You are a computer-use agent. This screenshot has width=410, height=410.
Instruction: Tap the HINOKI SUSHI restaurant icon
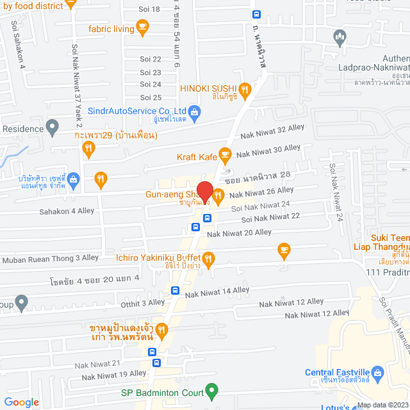point(244,89)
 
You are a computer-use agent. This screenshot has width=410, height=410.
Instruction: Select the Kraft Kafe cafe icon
point(225,154)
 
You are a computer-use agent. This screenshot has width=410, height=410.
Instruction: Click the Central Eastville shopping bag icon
point(378,372)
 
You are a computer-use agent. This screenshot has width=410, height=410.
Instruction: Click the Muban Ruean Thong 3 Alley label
point(51,259)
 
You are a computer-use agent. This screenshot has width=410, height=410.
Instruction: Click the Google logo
point(21,402)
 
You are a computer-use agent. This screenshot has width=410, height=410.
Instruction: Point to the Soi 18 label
point(150,9)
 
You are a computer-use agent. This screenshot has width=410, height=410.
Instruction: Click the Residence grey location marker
point(53,129)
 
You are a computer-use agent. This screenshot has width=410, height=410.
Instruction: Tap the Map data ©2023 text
point(381,405)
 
